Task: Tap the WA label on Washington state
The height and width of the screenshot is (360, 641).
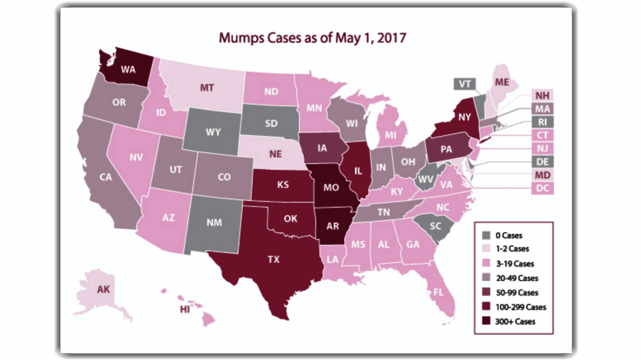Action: [127, 69]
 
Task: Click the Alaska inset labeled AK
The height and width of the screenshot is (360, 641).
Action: [103, 289]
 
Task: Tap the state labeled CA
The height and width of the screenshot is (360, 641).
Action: [106, 177]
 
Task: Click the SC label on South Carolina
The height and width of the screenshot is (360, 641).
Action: [435, 225]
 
